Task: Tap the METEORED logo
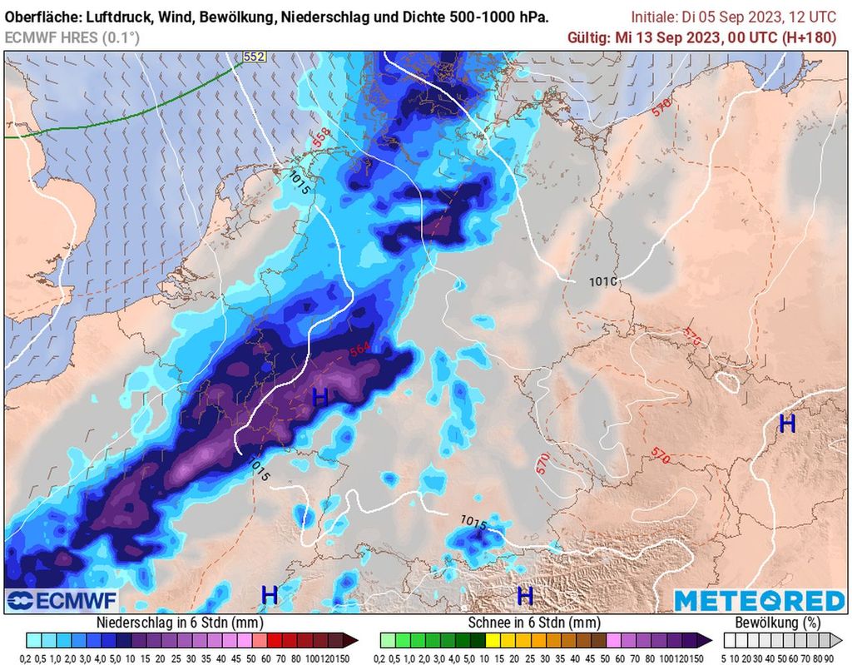tap(759, 600)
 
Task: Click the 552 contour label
tap(254, 57)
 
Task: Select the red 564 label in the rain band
tap(360, 351)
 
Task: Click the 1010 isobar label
tap(602, 282)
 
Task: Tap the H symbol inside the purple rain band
tap(319, 398)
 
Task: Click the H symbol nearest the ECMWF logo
tap(269, 595)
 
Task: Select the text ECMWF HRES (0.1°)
tap(72, 37)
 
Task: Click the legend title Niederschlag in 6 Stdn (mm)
tap(181, 623)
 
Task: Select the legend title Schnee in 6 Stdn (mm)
tap(533, 623)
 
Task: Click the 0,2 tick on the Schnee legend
tap(387, 658)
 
